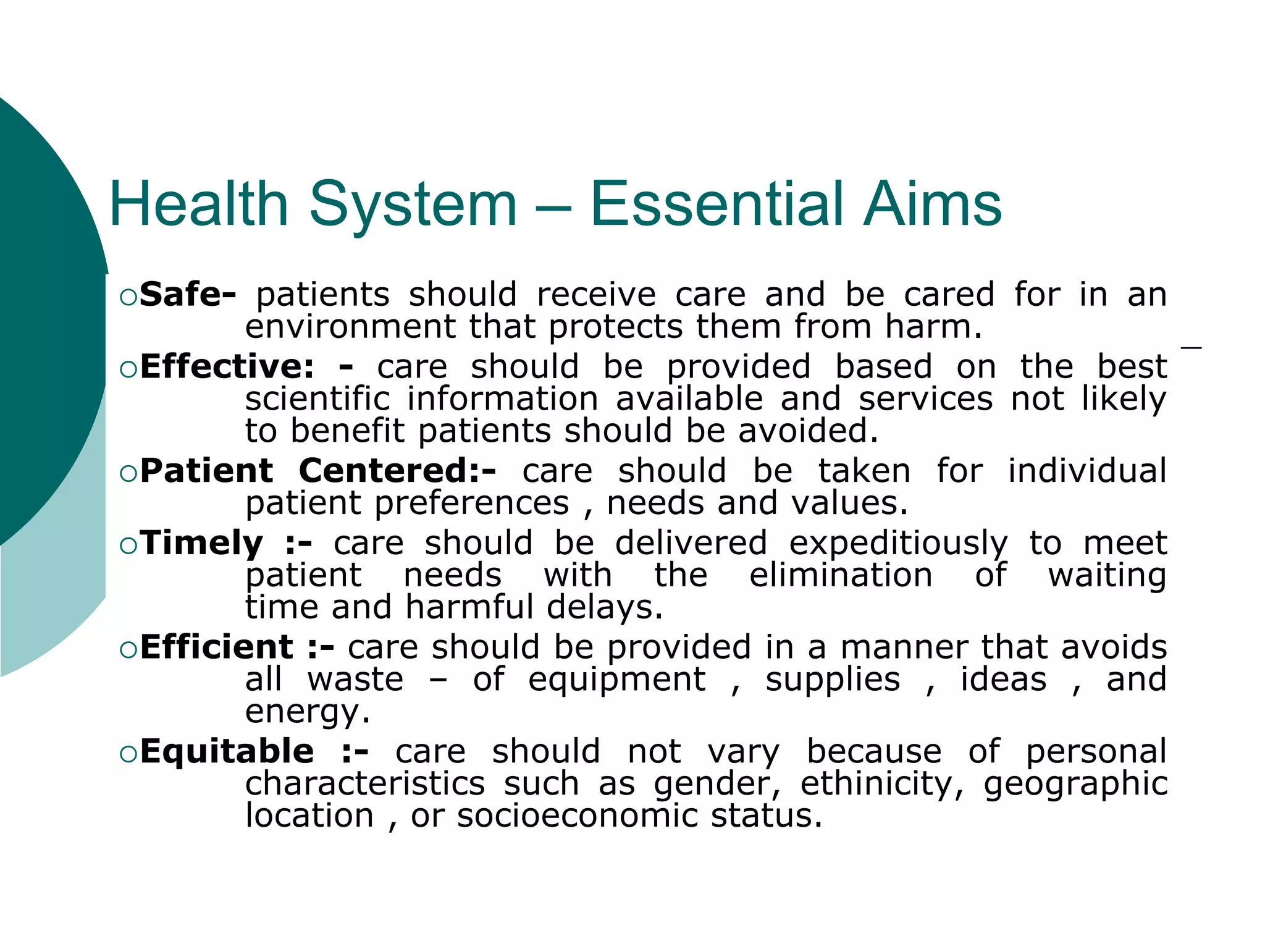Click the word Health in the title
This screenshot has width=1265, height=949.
(x=199, y=204)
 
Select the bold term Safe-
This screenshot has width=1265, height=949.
(x=187, y=294)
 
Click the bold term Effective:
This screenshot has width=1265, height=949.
(x=227, y=366)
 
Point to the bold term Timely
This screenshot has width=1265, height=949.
(x=201, y=544)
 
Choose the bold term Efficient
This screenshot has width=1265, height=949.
(x=216, y=647)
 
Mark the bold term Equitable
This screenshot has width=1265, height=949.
(x=227, y=751)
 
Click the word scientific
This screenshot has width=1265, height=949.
(x=317, y=399)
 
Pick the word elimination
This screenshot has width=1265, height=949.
(x=841, y=575)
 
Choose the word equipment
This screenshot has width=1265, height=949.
(x=616, y=679)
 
